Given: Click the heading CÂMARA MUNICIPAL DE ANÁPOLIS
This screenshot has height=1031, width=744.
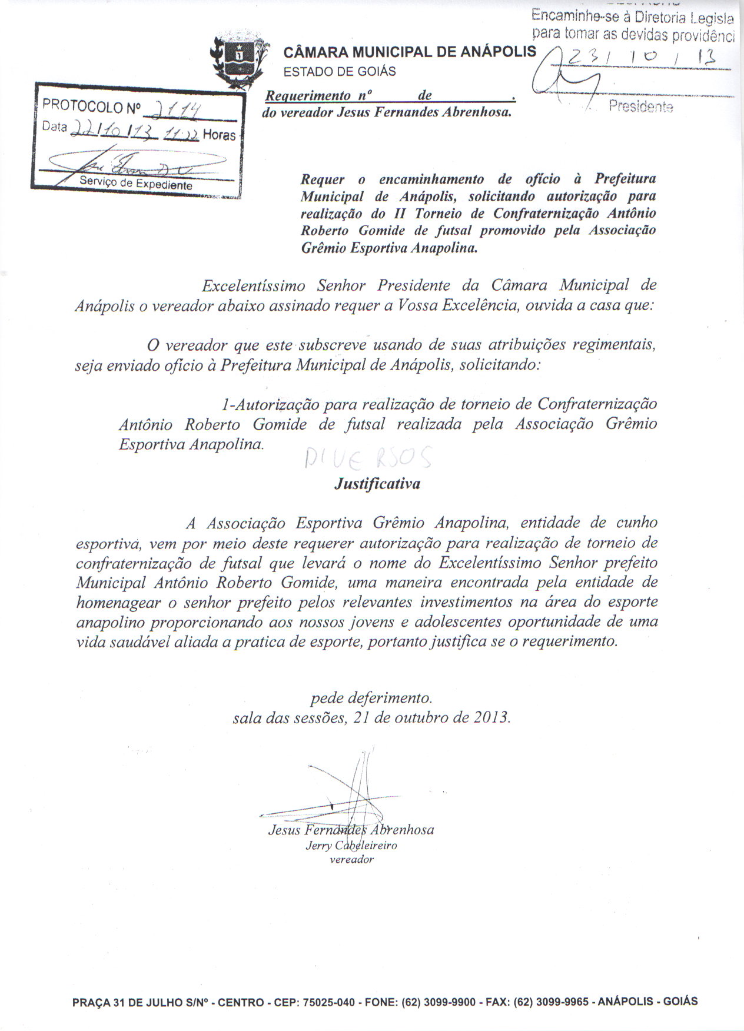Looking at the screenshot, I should pos(410,52).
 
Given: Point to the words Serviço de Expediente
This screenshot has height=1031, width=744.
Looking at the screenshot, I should pos(136,184).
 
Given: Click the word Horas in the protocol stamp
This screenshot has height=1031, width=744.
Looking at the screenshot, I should pos(219,135).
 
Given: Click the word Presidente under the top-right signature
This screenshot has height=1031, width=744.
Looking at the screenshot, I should pos(641,107).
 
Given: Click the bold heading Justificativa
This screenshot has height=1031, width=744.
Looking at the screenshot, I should pos(377,484).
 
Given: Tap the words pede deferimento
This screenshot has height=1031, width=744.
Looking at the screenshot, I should pos(371,699).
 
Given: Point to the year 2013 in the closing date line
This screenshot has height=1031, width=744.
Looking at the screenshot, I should pos(490,718).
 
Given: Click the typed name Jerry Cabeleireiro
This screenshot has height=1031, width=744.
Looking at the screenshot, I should pos(351,845).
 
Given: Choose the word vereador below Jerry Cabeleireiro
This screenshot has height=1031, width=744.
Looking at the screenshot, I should pos(351,859).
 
